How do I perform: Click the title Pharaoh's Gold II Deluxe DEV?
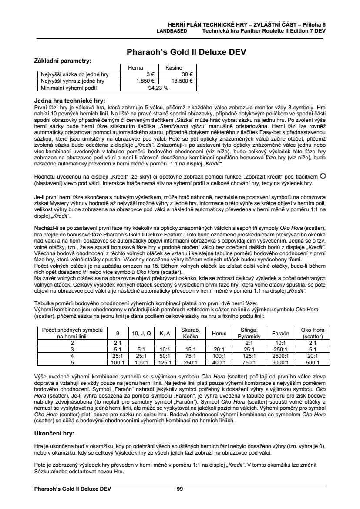point(186,52)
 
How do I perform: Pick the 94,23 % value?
point(159,87)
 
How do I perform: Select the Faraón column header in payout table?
point(280,333)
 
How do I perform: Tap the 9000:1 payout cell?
point(280,361)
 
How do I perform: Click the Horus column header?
point(219,333)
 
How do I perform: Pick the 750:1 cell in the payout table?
point(250,361)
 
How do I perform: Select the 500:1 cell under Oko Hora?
point(310,361)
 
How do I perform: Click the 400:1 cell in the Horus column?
point(219,361)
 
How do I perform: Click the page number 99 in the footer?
point(180,489)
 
